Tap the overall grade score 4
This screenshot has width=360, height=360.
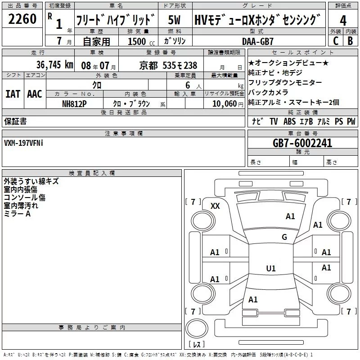(343, 20)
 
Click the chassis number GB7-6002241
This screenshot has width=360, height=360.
(302, 143)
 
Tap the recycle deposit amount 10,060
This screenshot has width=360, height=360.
(224, 103)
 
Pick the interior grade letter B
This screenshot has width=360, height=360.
(350, 40)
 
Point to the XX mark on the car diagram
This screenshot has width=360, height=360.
(216, 206)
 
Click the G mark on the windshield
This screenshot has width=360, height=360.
(284, 237)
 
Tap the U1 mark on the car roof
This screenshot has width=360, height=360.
(270, 269)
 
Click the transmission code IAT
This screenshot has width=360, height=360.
(13, 94)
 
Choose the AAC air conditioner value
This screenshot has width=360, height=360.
(34, 94)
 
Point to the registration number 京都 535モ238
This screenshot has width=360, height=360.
(168, 66)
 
